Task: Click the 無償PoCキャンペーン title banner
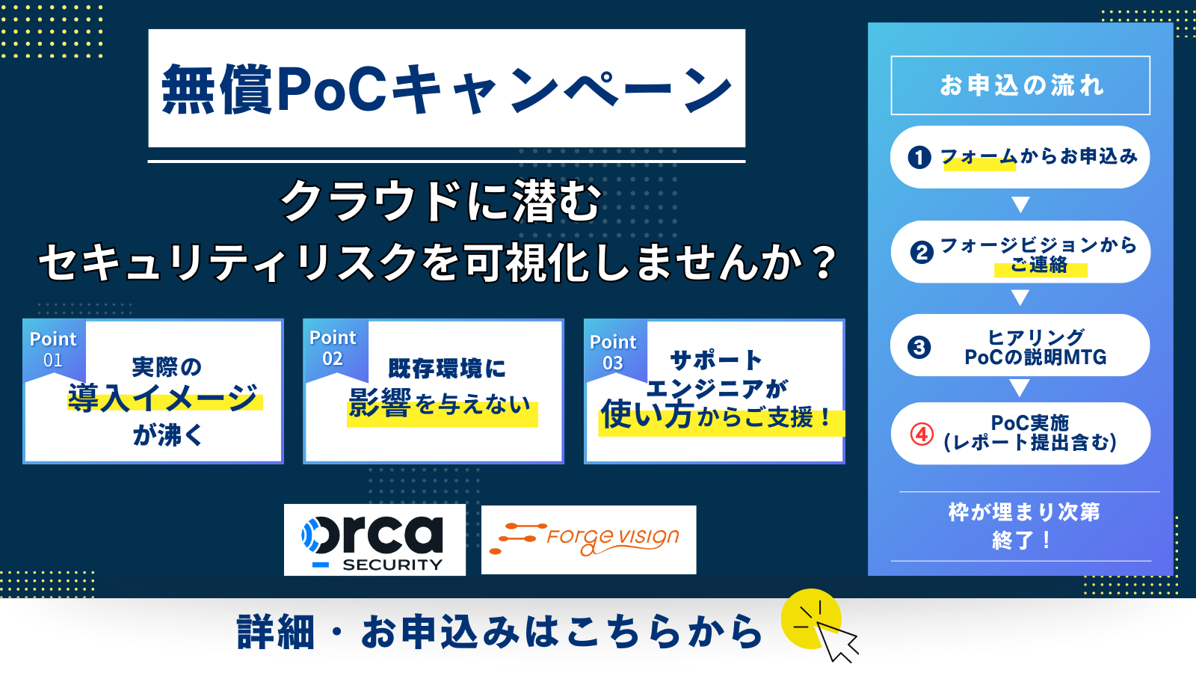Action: click(x=447, y=88)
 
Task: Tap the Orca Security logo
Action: click(x=374, y=540)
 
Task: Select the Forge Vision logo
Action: click(x=588, y=540)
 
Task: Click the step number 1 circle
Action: click(x=919, y=158)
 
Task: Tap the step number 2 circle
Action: click(x=922, y=252)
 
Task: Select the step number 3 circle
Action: click(x=919, y=347)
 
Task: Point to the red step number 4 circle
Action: click(x=922, y=434)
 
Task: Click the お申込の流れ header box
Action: click(x=1020, y=85)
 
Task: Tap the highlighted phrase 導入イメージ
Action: click(x=164, y=398)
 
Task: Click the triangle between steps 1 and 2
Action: click(x=1020, y=205)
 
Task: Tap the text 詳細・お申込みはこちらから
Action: click(x=499, y=632)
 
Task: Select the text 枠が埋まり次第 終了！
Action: click(x=1023, y=526)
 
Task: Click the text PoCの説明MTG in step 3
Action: click(x=1035, y=357)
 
